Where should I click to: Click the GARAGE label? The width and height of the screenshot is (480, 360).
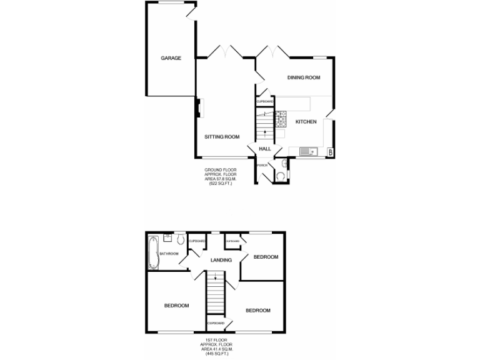pyautogui.click(x=171, y=58)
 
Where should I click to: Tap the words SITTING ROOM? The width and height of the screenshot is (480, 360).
pyautogui.click(x=222, y=136)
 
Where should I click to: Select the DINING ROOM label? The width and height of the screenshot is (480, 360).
pyautogui.click(x=304, y=77)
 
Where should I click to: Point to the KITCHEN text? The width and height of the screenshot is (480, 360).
pyautogui.click(x=306, y=121)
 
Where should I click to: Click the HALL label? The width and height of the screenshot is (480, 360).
pyautogui.click(x=265, y=149)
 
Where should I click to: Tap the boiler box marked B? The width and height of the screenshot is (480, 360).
pyautogui.click(x=330, y=151)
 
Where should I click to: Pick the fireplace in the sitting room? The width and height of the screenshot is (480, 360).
pyautogui.click(x=198, y=108)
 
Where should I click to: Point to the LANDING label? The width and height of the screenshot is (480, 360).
pyautogui.click(x=221, y=260)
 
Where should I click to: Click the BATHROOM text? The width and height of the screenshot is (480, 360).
pyautogui.click(x=169, y=253)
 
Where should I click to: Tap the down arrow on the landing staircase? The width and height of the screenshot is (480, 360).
pyautogui.click(x=214, y=276)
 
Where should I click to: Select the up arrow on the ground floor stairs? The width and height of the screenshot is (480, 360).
pyautogui.click(x=264, y=131)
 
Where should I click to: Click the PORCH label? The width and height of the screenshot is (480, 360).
pyautogui.click(x=262, y=165)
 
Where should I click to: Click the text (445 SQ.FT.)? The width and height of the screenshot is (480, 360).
pyautogui.click(x=216, y=354)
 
